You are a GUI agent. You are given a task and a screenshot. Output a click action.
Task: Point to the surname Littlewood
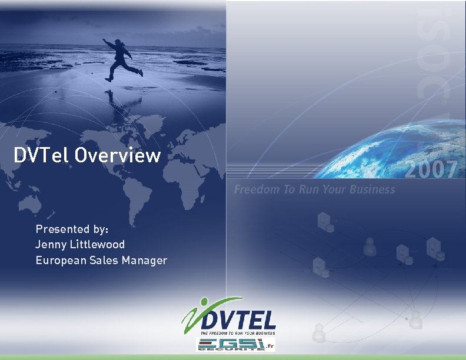coord(96,244)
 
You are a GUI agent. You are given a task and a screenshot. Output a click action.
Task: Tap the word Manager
coord(144,260)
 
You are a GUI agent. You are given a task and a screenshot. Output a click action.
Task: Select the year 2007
coord(431,170)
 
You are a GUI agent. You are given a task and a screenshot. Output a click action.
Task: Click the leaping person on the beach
coord(122,58)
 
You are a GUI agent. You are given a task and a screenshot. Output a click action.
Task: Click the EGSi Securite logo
coord(227,345)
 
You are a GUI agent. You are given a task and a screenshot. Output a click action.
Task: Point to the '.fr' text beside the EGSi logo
coord(270,345)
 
